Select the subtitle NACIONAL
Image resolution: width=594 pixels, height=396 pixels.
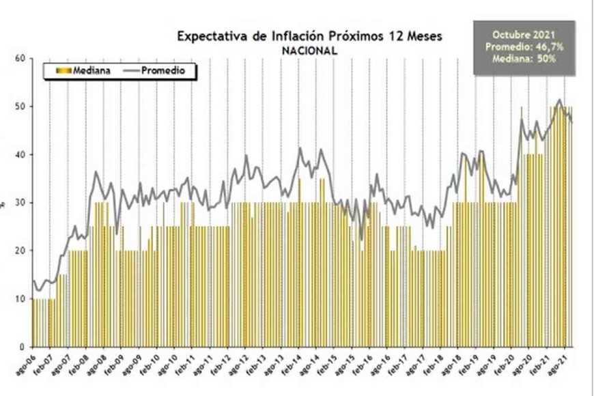[309, 50]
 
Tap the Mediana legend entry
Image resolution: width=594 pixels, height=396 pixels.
[85, 70]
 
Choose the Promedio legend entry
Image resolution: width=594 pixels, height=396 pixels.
[159, 70]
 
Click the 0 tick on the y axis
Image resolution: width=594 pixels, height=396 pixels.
[22, 347]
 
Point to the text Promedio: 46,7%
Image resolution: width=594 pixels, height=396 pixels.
[524, 46]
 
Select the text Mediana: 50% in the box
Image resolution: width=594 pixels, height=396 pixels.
[524, 59]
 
